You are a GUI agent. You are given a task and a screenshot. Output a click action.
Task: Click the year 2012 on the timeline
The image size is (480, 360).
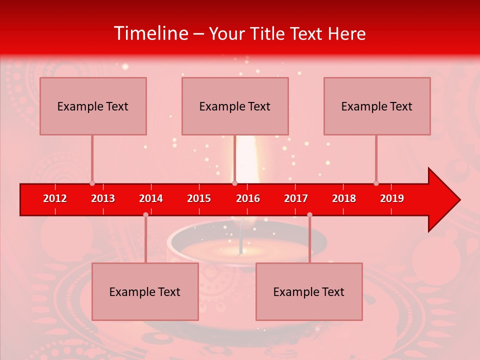[x=55, y=198]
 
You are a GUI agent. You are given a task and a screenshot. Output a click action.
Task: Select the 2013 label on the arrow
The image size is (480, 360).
[x=103, y=198]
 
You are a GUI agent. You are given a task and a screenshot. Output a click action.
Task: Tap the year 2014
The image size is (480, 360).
[x=151, y=198]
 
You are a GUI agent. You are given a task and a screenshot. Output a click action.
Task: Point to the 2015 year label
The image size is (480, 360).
[x=199, y=198]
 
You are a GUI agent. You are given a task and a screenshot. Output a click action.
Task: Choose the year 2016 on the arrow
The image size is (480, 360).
[x=248, y=198]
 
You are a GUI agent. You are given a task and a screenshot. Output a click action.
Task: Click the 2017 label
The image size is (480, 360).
[x=296, y=198]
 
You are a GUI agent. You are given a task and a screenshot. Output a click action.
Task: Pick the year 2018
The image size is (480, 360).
[x=344, y=198]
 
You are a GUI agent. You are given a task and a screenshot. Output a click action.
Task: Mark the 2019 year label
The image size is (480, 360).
[x=392, y=198]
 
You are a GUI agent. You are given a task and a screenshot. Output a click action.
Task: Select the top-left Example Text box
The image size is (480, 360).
[x=93, y=106]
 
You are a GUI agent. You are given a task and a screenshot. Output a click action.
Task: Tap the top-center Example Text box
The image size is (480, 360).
[x=235, y=106]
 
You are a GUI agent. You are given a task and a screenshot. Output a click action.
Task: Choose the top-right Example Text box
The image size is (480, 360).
[x=377, y=106]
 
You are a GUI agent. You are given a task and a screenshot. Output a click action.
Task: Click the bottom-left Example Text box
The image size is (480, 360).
[x=145, y=291]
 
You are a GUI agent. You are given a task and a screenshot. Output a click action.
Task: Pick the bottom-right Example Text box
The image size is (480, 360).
[x=309, y=291]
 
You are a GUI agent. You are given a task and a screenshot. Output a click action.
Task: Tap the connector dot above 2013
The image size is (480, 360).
[x=92, y=183]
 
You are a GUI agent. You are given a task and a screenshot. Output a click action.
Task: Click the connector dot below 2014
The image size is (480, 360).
[x=145, y=214]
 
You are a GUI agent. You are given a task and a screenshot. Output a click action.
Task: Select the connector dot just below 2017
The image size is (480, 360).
[x=309, y=214]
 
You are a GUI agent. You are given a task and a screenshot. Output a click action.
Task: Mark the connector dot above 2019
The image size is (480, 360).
[x=376, y=183]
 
